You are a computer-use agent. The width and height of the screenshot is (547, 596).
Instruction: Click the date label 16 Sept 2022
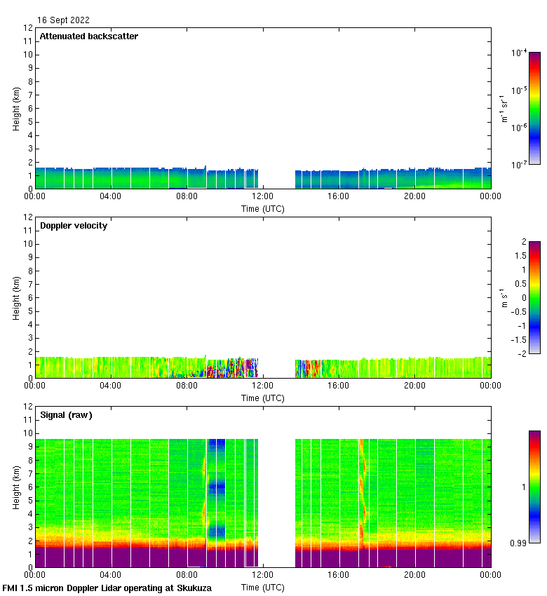coord(63,20)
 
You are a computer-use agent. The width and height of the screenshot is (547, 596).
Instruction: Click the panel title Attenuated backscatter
coord(88,36)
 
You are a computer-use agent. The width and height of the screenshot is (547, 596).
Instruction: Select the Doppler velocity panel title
coord(74,226)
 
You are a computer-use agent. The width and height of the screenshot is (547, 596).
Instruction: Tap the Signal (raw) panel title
coord(66,415)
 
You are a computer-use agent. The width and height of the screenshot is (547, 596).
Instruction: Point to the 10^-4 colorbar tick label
coord(519,53)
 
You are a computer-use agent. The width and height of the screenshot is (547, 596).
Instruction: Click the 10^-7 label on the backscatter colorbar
coord(519,164)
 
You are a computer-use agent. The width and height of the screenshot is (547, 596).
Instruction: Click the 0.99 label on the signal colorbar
coord(519,543)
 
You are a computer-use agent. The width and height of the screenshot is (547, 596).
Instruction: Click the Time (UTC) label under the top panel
coord(263,209)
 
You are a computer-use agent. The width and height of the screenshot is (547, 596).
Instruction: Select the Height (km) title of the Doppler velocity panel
coord(16,297)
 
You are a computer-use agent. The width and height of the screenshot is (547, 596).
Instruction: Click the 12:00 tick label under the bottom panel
coord(263,575)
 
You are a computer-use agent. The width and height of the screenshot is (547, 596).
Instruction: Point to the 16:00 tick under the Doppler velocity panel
coord(339,386)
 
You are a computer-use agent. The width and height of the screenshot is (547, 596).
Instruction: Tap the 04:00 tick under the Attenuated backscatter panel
coord(111,196)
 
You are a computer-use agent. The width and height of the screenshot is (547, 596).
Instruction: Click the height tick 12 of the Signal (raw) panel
coord(28,407)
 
